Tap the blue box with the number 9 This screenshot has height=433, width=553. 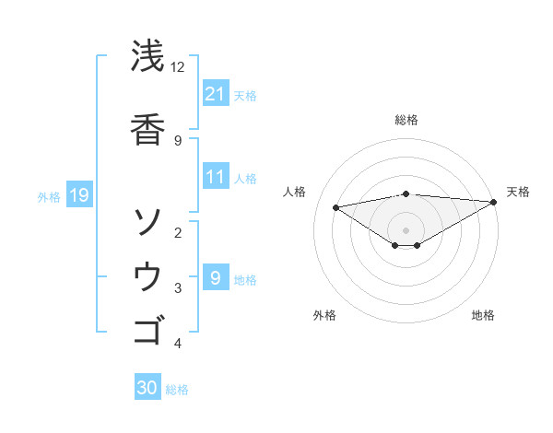(x=215, y=277)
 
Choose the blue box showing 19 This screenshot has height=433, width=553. (x=78, y=194)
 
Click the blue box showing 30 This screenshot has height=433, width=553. (x=147, y=388)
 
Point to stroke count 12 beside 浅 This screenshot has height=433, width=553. (x=178, y=67)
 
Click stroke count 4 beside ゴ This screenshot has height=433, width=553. (x=178, y=344)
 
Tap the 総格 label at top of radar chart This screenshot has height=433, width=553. (x=406, y=120)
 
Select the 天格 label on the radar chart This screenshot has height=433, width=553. (x=518, y=192)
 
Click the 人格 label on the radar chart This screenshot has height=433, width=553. (x=296, y=192)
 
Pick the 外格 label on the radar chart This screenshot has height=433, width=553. (x=324, y=315)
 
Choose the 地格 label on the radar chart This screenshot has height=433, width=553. (x=483, y=315)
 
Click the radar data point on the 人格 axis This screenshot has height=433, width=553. (x=336, y=206)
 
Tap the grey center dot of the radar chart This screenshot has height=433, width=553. (x=406, y=229)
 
